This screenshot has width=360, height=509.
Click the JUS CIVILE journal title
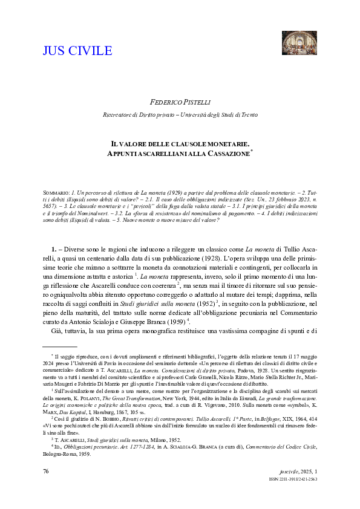point(77,50)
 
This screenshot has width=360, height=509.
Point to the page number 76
point(47,487)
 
